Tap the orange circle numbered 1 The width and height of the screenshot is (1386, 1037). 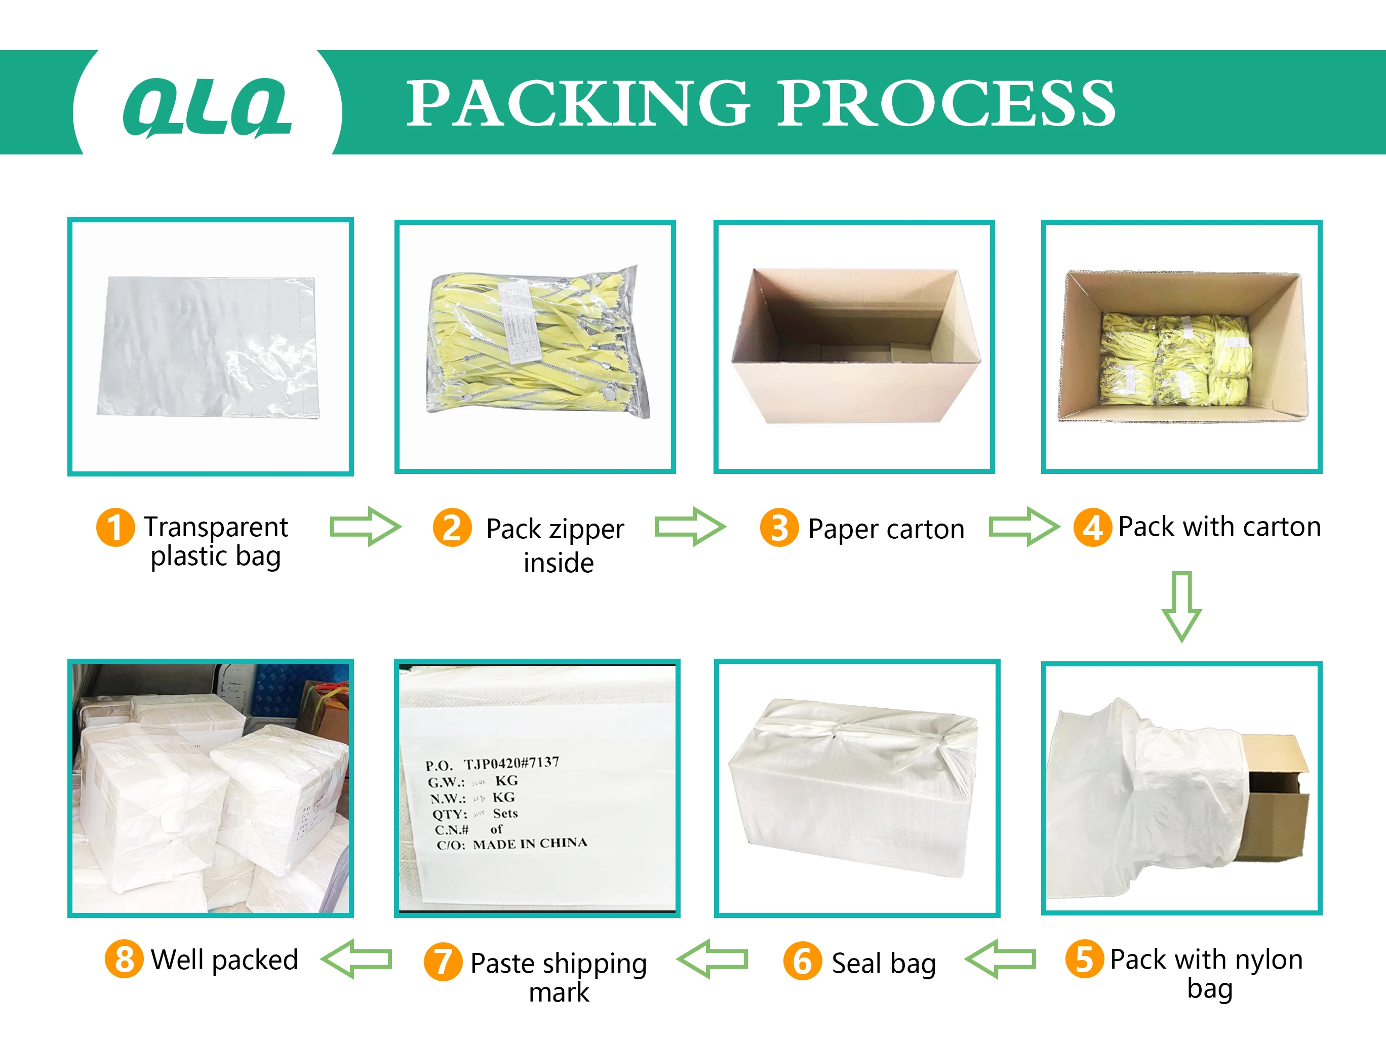115,527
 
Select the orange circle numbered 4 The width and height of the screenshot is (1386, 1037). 1092,527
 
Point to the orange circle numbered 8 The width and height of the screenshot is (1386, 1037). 124,959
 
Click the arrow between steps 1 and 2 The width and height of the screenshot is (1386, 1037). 365,526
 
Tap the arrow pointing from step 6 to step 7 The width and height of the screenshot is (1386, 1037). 712,959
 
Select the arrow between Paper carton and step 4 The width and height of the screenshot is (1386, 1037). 1024,526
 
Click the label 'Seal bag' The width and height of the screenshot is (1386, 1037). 884,963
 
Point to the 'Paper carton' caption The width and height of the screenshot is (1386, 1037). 886,529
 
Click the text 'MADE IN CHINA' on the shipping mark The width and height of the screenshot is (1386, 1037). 530,844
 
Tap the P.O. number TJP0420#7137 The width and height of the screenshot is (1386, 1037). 510,763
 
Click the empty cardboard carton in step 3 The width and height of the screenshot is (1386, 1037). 855,345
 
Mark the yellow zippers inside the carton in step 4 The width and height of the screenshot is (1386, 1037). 1175,361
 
